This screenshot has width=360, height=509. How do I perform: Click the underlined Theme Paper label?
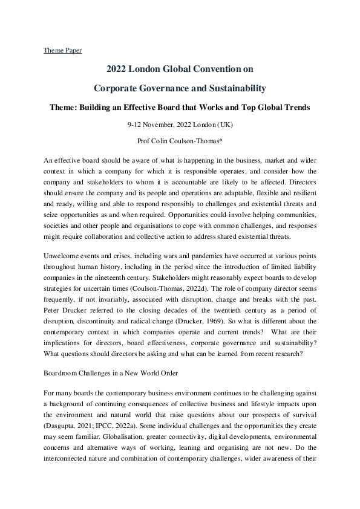[x=62, y=50]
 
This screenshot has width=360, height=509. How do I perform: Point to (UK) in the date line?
[x=225, y=125]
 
